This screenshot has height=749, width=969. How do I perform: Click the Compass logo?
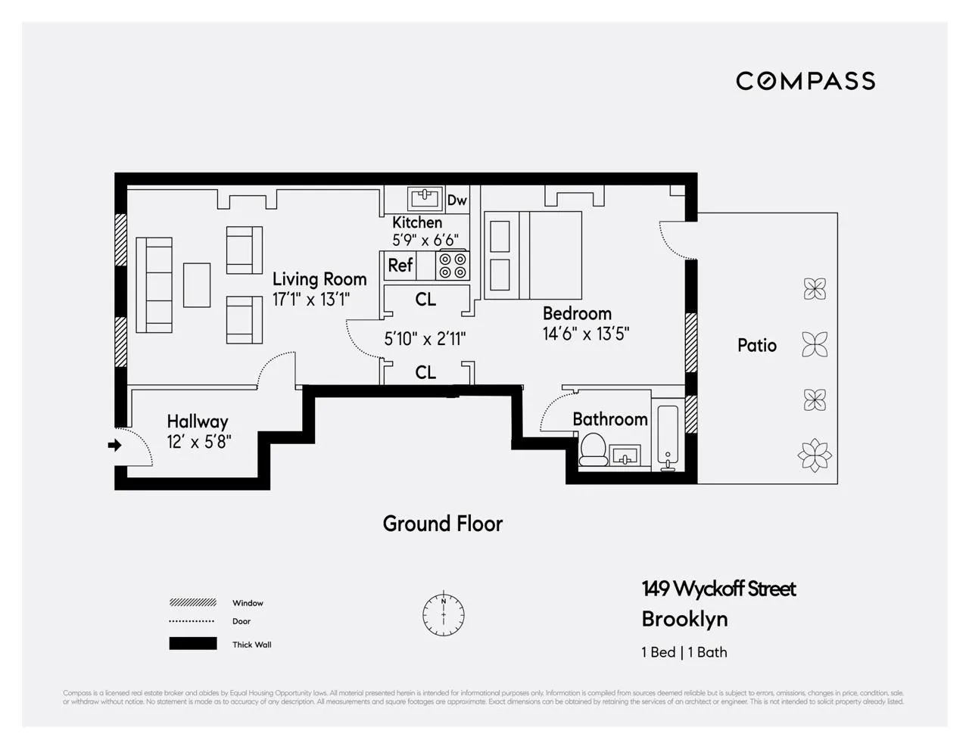[805, 81]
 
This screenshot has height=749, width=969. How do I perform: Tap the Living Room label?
[319, 279]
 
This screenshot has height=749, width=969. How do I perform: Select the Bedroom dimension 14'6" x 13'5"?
[586, 334]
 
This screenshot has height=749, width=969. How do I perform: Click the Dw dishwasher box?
[456, 200]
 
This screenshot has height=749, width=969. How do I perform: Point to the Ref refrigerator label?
[400, 266]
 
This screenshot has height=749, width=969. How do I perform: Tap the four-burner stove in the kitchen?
[453, 266]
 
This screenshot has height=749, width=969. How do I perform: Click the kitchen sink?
[425, 199]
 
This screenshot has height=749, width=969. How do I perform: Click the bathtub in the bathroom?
[668, 438]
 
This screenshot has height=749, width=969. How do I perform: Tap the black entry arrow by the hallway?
[114, 446]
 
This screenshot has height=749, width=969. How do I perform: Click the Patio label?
[757, 346]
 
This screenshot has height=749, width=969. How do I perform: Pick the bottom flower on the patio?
[815, 455]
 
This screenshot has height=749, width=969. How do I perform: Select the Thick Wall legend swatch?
[192, 645]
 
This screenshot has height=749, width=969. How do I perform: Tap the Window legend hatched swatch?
[192, 603]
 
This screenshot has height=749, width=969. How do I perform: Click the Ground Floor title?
[442, 524]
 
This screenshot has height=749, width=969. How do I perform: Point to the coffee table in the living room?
[197, 284]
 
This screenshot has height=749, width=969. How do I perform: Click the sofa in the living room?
[154, 285]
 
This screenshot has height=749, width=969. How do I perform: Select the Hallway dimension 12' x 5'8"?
[199, 442]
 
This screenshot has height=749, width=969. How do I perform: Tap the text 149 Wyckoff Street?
[718, 589]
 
